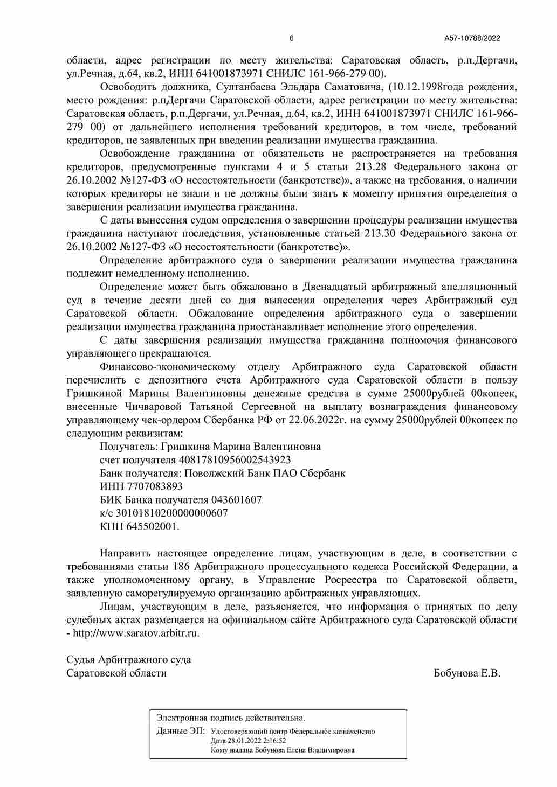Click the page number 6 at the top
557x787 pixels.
[292, 38]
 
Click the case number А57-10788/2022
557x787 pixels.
[472, 38]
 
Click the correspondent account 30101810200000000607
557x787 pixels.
[172, 513]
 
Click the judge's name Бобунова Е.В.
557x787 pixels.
[467, 673]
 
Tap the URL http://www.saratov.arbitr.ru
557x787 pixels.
[136, 633]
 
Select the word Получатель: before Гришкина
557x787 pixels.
[128, 447]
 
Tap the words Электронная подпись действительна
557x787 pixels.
[231, 718]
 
